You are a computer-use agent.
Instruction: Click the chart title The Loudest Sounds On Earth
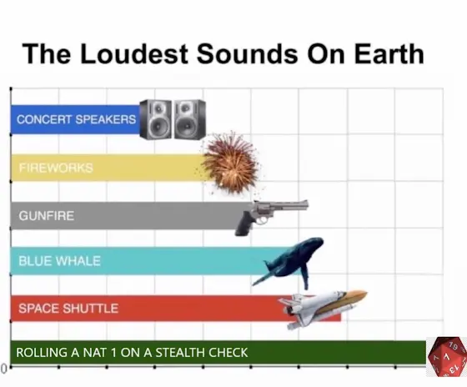[223, 54]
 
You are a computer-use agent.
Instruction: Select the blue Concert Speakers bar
[75, 119]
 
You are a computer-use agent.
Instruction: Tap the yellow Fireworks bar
[108, 168]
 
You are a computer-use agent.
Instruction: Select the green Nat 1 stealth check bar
[218, 353]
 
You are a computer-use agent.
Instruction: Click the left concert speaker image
[155, 119]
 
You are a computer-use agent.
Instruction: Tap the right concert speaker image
[190, 119]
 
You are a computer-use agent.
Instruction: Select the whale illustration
[289, 262]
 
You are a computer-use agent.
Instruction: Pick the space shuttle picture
[323, 309]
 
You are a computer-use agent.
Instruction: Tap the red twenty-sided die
[447, 357]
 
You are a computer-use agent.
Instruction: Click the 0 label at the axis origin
[3, 369]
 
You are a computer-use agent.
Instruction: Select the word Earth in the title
[389, 54]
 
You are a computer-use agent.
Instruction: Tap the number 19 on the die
[453, 346]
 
